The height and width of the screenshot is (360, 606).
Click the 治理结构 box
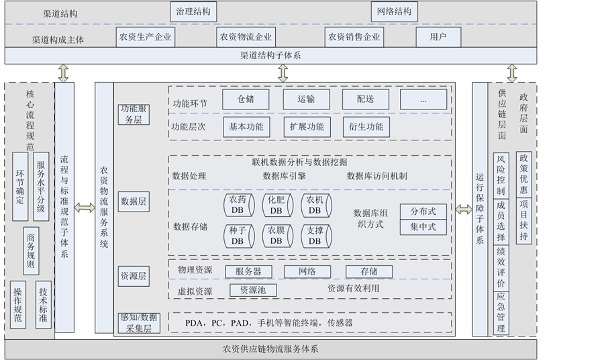pyautogui.click(x=193, y=12)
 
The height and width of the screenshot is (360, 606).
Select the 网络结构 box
pyautogui.click(x=394, y=12)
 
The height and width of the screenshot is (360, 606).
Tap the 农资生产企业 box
pyautogui.click(x=145, y=37)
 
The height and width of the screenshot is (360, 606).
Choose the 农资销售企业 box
pyautogui.click(x=354, y=37)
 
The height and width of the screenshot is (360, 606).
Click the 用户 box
pyautogui.click(x=438, y=37)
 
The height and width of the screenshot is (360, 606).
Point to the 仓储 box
pyautogui.click(x=246, y=99)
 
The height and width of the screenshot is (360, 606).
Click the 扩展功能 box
pyautogui.click(x=306, y=126)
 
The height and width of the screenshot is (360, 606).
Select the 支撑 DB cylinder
pyautogui.click(x=315, y=236)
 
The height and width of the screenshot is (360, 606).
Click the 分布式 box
pyautogui.click(x=423, y=212)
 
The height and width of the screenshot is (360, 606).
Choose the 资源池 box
pyautogui.click(x=253, y=290)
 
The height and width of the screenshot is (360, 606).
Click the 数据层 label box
pyautogui.click(x=134, y=201)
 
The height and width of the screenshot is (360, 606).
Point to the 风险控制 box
pyautogui.click(x=501, y=175)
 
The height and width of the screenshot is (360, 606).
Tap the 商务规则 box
pyautogui.click(x=30, y=251)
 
